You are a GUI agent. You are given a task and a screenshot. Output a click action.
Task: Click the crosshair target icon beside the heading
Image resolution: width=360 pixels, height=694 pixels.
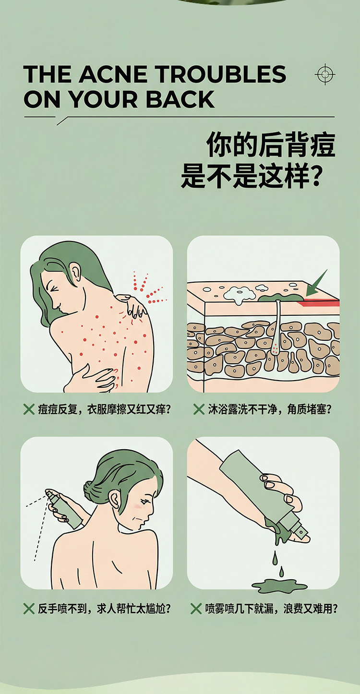pos(325,74)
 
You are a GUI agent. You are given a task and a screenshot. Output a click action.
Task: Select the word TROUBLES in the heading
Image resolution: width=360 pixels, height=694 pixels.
pos(220,74)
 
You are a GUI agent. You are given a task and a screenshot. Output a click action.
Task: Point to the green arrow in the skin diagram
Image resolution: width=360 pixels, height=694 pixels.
pos(316,283)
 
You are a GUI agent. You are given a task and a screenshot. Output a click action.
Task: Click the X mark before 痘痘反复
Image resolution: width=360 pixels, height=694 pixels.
pos(29,409)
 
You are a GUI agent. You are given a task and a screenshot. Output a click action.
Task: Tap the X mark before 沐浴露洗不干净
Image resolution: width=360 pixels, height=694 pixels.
pos(199,409)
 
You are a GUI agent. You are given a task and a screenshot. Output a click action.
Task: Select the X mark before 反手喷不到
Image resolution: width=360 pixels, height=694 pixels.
pos(29,609)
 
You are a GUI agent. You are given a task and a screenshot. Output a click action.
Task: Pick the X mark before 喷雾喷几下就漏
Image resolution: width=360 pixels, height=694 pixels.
pos(196,609)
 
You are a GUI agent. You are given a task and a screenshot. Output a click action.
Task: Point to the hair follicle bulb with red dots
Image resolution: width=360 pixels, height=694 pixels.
pos(275,348)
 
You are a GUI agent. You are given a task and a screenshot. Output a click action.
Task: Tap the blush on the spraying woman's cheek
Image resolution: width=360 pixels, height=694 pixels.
pos(137,506)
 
